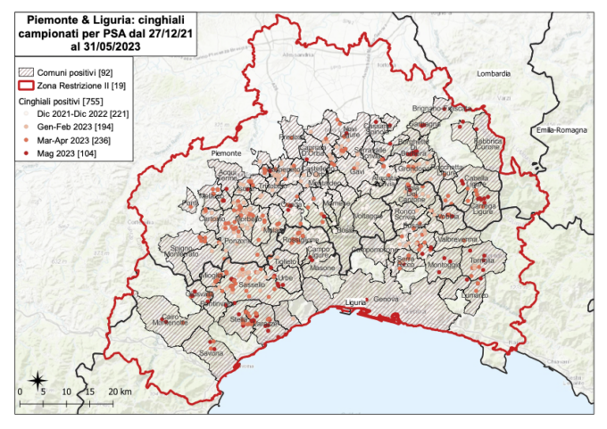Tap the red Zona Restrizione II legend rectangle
click(x=32, y=85)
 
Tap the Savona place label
click(x=212, y=353)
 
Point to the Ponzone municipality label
click(x=237, y=241)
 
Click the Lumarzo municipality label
click(x=474, y=294)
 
